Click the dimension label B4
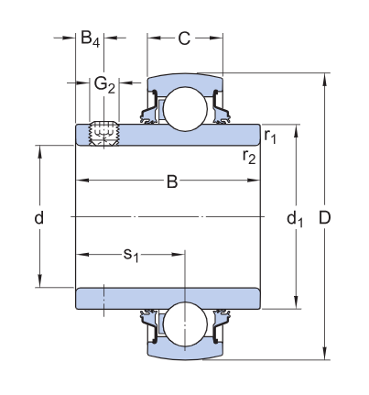(89, 38)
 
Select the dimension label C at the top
(184, 38)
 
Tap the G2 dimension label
(104, 84)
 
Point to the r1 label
(270, 136)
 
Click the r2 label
(248, 156)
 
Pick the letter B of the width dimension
(171, 182)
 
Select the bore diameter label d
(38, 218)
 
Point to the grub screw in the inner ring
(103, 132)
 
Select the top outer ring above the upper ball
(185, 82)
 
